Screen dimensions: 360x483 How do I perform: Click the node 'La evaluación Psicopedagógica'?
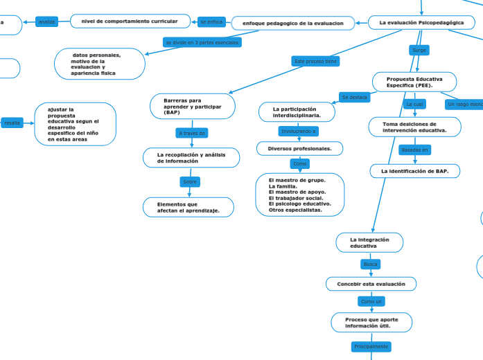421,23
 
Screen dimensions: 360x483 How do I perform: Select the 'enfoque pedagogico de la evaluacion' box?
292,24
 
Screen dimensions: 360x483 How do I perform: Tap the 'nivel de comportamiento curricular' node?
130,21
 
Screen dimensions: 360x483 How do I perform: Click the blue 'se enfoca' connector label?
211,22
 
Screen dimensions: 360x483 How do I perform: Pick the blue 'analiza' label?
47,22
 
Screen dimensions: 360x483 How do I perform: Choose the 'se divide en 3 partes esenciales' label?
202,42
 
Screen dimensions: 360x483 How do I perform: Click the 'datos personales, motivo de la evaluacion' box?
100,64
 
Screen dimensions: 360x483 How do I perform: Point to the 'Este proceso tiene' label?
316,62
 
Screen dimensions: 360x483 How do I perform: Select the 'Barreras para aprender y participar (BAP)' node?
193,107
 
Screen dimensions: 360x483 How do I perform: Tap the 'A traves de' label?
192,133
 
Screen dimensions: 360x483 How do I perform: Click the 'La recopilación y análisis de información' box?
191,158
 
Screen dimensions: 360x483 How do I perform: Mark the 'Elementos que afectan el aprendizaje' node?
188,208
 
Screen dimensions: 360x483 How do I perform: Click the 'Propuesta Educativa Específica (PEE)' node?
414,82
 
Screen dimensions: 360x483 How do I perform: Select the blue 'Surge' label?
419,51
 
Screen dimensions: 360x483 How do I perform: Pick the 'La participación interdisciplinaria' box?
297,112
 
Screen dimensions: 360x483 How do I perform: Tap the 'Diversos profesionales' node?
299,149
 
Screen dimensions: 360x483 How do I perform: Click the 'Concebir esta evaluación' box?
371,284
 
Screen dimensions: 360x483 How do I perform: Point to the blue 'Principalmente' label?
371,346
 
